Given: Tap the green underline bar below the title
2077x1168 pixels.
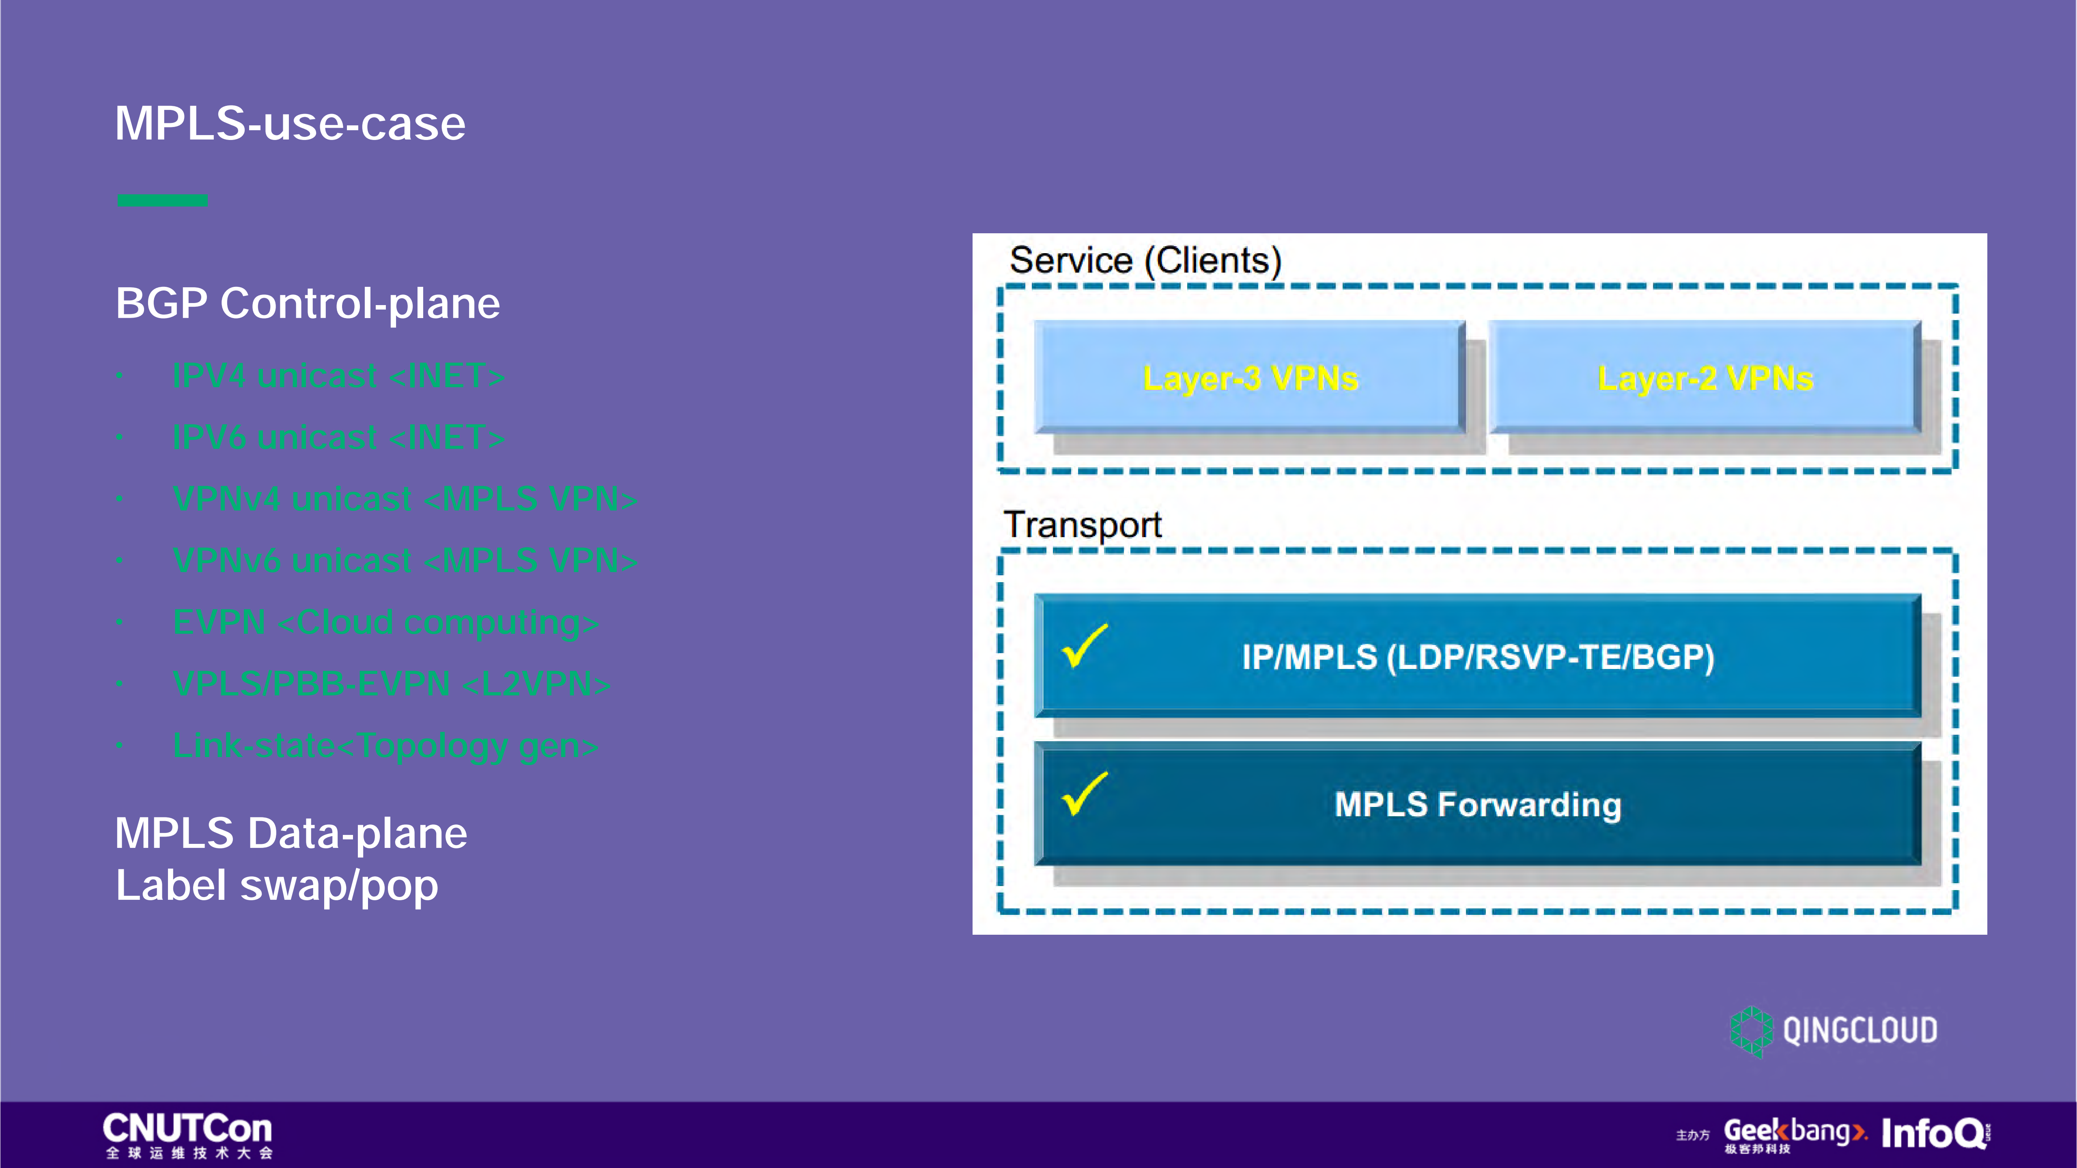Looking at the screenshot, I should point(162,200).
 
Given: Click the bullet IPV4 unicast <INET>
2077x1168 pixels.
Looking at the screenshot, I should point(339,376).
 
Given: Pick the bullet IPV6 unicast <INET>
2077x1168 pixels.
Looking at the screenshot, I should point(339,438).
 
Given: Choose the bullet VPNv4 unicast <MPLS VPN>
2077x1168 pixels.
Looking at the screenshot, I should point(405,499).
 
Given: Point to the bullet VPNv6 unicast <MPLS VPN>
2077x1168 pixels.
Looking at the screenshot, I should point(405,560).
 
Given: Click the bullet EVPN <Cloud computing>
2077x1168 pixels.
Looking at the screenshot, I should point(385,622).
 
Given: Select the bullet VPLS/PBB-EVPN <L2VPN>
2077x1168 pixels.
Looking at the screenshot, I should point(391,684).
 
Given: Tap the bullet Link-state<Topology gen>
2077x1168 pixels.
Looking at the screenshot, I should point(385,746).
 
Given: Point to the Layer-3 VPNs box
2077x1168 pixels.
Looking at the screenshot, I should point(1250,377).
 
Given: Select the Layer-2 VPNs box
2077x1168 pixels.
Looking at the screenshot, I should point(1705,377).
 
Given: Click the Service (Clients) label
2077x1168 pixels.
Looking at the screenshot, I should point(1145,260).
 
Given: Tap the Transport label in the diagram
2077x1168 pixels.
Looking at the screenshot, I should point(1082,525).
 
